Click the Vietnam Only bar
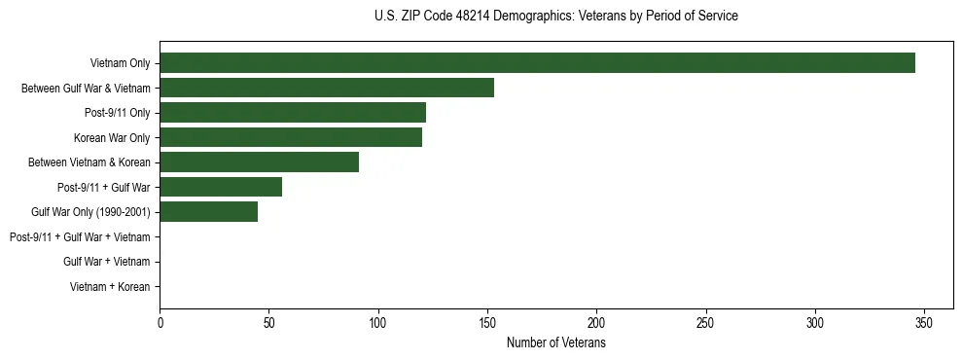537,63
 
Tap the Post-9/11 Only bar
293,113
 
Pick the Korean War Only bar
291,137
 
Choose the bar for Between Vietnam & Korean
259,162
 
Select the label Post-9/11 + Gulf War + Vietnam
80,236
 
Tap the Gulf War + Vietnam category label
106,262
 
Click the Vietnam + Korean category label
110,287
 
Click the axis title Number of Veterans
556,342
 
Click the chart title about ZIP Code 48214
556,17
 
